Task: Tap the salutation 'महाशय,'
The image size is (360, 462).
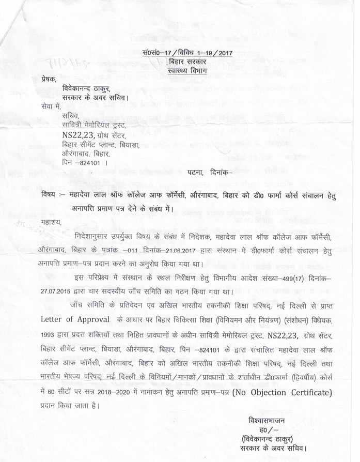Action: pos(52,223)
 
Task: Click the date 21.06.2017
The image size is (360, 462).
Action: pos(166,249)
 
